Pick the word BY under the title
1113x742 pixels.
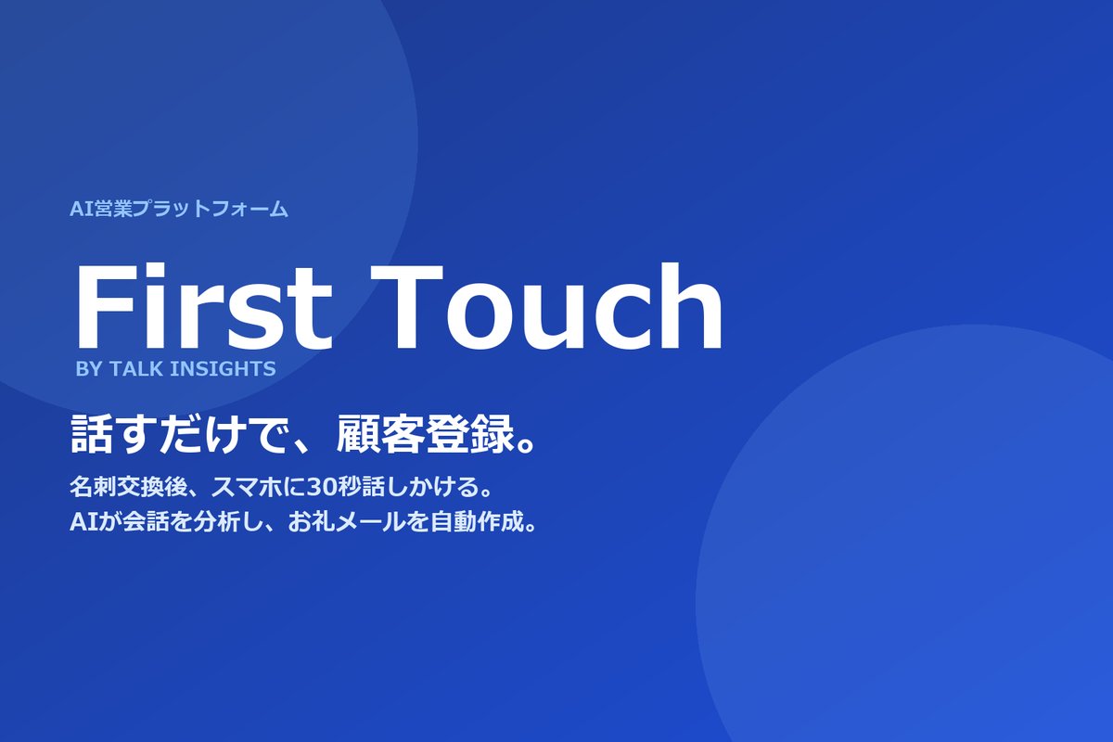point(90,369)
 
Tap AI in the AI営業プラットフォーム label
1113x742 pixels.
point(78,210)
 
